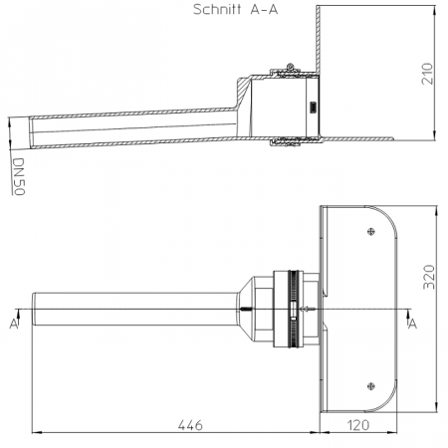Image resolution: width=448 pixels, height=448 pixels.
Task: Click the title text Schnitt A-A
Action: click(x=235, y=9)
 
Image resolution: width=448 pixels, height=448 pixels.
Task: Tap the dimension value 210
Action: click(x=427, y=74)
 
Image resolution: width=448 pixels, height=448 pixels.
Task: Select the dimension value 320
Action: click(x=429, y=277)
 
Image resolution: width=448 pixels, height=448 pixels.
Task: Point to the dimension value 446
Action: click(x=190, y=425)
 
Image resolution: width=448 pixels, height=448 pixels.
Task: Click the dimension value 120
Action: click(x=358, y=425)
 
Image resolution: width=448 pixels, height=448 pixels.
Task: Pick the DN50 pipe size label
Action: click(x=19, y=176)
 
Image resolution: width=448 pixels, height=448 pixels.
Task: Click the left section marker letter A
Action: click(x=14, y=324)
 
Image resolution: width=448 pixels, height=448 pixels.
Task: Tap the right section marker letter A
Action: click(x=412, y=324)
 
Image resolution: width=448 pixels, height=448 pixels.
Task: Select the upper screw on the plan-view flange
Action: click(x=371, y=232)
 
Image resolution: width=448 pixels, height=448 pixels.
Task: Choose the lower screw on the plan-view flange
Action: click(x=371, y=386)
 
